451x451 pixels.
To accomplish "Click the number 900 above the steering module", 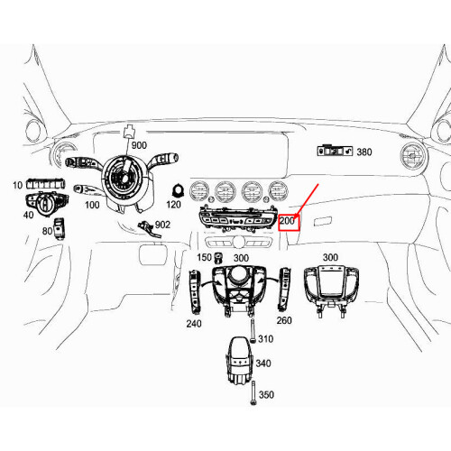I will tap(138, 145).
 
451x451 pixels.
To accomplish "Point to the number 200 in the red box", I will tap(289, 220).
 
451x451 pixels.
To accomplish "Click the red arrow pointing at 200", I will tap(305, 198).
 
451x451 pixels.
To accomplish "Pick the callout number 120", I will tap(174, 205).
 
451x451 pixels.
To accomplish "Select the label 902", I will tap(162, 225).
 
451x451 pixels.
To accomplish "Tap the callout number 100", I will tap(92, 205).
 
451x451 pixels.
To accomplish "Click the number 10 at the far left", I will tap(16, 185).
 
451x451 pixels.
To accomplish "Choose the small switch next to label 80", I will tap(60, 227).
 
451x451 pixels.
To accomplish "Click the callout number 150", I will tap(205, 258).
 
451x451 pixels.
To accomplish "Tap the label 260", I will tap(284, 320).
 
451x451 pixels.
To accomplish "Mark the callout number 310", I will tap(266, 339).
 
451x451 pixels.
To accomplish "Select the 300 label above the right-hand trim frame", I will tap(330, 257).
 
